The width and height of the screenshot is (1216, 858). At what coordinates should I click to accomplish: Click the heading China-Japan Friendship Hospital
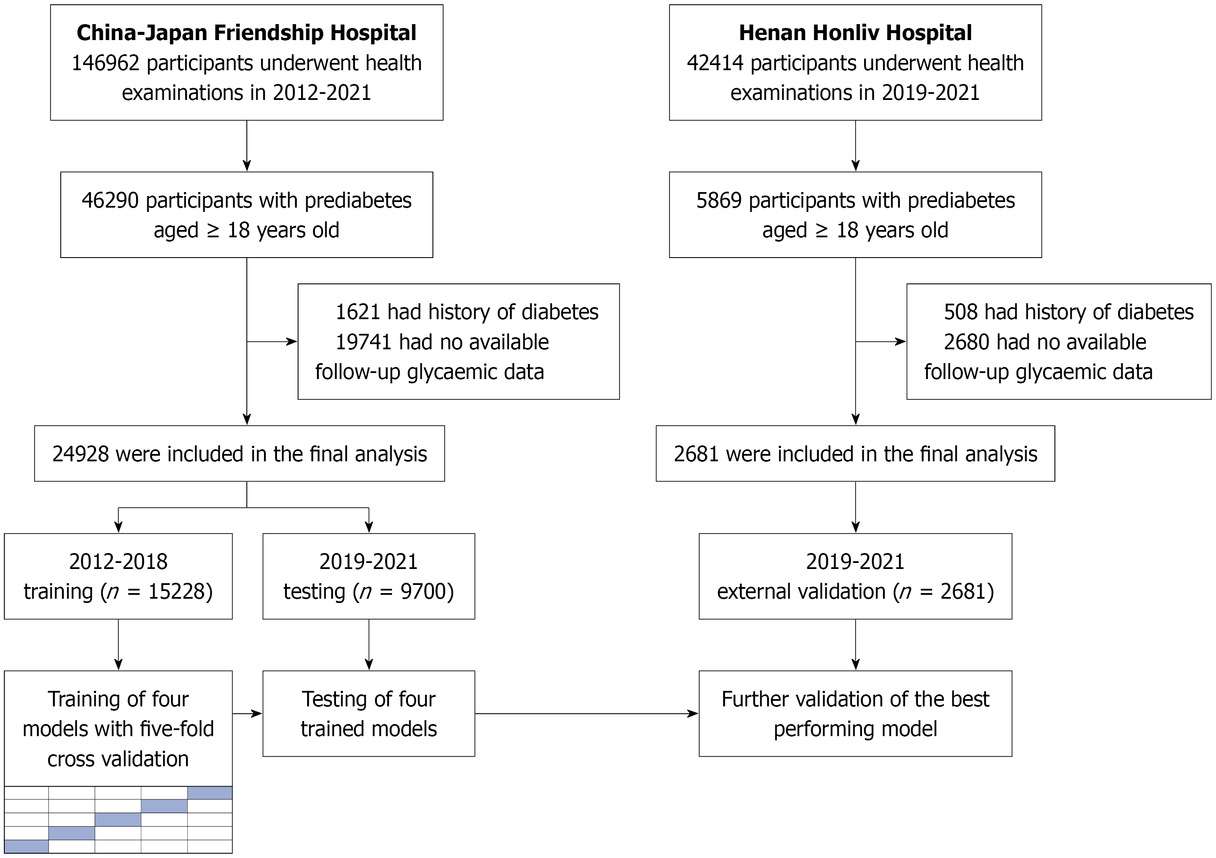246,33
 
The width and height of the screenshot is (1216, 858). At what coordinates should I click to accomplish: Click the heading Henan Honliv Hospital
855,33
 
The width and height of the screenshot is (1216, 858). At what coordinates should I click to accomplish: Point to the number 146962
106,63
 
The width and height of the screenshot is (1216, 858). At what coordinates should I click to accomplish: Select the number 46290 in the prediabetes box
110,201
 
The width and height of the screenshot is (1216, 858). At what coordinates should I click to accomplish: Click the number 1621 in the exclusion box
358,312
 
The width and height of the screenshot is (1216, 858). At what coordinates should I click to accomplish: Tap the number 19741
364,342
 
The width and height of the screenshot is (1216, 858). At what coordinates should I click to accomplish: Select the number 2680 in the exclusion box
967,342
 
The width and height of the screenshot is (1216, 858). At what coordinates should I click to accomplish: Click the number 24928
81,454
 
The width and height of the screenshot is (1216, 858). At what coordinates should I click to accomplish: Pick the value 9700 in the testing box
423,591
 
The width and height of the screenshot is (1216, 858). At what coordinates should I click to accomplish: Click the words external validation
801,591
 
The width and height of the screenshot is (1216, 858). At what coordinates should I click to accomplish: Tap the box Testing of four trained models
369,713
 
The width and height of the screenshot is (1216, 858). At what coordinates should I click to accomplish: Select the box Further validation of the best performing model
855,713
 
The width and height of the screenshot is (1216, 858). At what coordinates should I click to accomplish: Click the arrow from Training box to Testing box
247,713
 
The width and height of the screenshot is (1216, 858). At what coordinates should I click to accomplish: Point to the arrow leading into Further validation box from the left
587,713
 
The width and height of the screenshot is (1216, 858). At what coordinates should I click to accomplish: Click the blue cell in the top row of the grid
210,793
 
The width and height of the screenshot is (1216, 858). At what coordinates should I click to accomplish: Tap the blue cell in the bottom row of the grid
26,846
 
